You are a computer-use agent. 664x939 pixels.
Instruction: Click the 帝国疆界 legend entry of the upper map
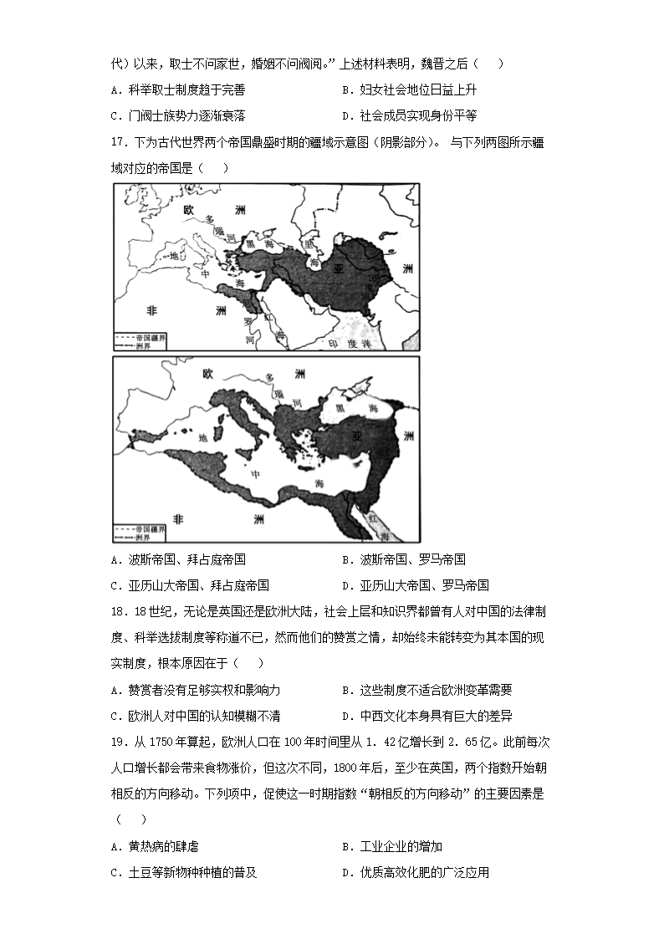coord(146,335)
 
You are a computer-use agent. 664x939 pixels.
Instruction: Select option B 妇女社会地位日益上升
coord(409,89)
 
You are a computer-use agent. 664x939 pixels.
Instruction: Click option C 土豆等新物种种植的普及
coord(183,873)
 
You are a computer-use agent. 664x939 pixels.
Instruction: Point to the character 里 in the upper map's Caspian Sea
coord(309,243)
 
